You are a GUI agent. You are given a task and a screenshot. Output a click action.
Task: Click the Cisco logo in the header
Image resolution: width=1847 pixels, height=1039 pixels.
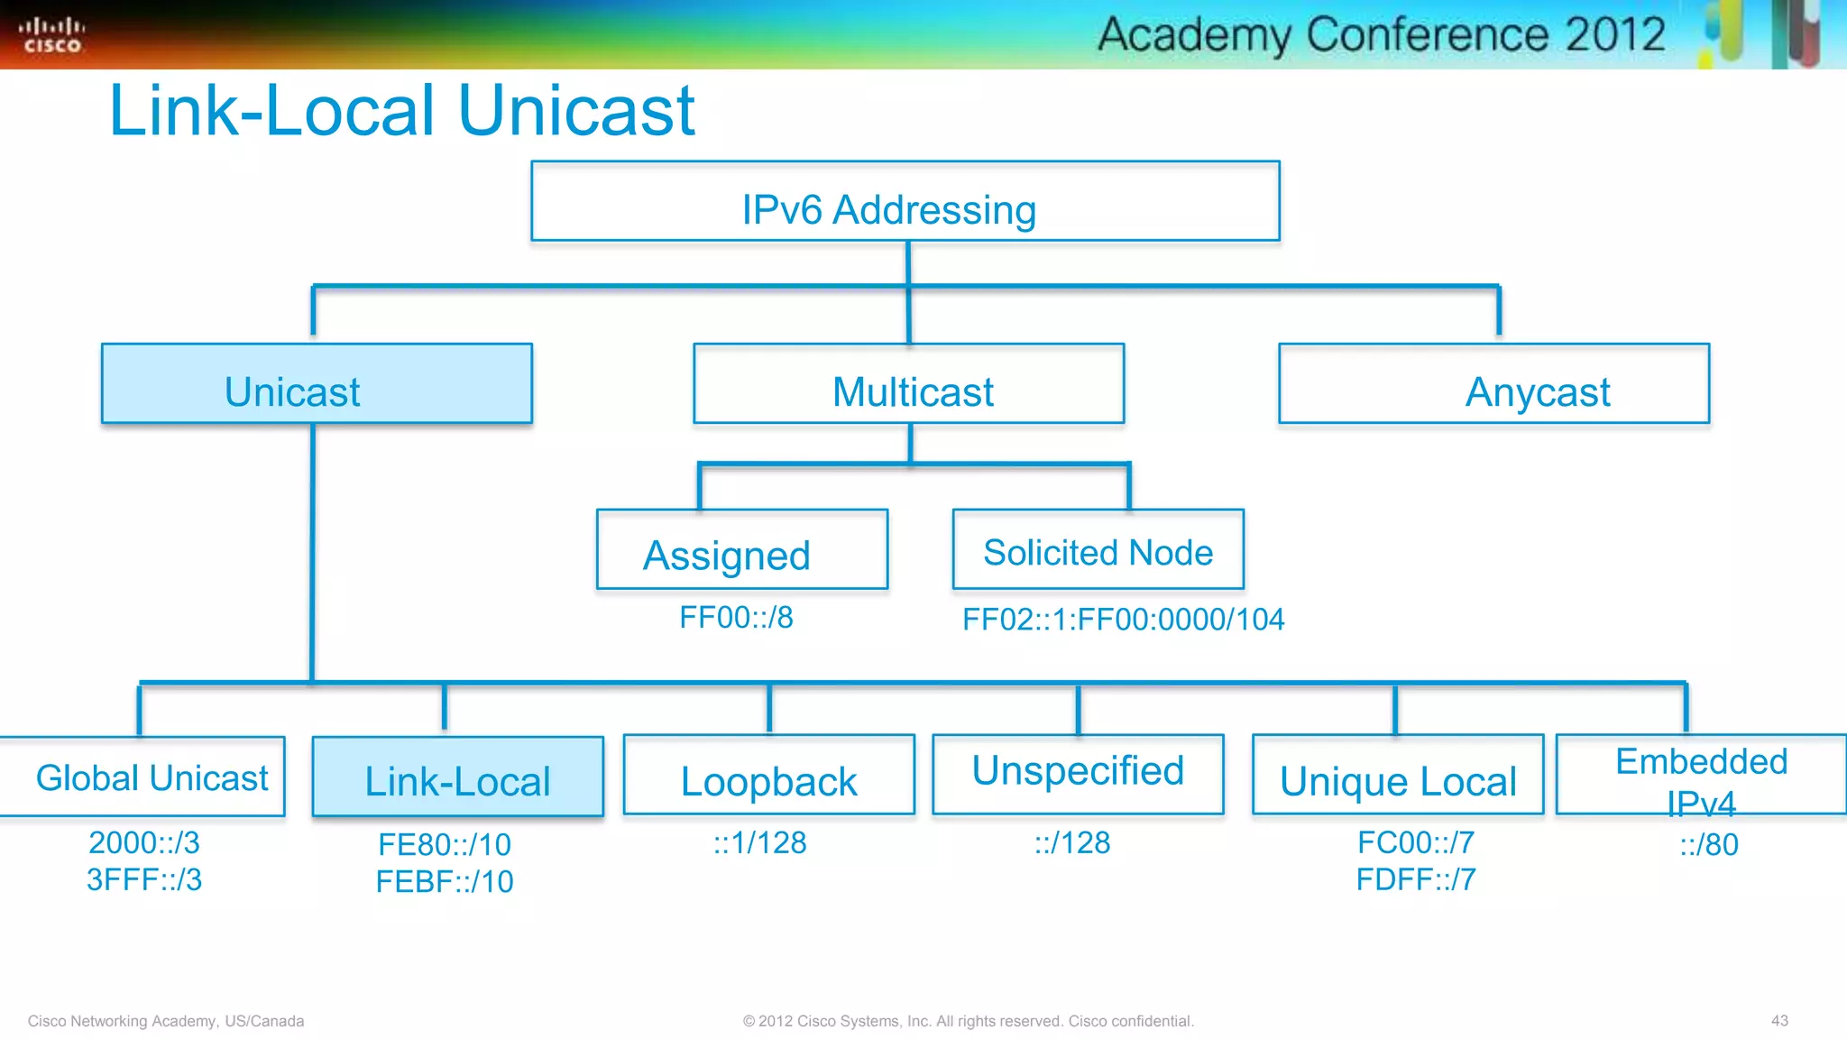(51, 35)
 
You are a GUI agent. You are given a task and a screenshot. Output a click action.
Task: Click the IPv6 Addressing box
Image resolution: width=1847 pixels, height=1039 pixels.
(905, 201)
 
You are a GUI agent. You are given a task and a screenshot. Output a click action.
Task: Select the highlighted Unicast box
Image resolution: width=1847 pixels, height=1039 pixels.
(317, 384)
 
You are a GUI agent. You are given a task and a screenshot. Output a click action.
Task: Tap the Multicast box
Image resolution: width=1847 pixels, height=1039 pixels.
(908, 384)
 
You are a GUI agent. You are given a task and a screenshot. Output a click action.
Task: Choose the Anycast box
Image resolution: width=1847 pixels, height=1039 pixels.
(1493, 384)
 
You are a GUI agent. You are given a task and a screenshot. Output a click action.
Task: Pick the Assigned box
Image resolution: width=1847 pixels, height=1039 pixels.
(741, 550)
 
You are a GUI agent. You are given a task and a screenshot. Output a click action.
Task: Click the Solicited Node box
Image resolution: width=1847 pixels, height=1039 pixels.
(1098, 550)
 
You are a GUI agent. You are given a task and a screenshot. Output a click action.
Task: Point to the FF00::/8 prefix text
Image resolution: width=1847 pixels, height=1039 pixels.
(736, 618)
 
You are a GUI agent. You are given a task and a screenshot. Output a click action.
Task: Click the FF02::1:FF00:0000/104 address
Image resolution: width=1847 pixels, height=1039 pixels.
(1123, 620)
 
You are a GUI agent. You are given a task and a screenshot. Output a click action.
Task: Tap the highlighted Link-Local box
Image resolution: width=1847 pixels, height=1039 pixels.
(457, 777)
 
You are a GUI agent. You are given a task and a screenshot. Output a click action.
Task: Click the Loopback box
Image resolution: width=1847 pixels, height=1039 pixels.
(768, 776)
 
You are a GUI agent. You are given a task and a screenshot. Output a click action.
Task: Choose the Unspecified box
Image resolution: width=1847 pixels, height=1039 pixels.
(1078, 774)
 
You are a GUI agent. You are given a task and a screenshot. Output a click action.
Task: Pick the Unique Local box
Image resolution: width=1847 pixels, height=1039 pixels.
(1397, 776)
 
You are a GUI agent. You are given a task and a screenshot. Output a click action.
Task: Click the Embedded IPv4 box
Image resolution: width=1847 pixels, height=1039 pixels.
(1701, 776)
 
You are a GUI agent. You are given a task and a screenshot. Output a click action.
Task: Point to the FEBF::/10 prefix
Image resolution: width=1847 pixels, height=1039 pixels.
(445, 881)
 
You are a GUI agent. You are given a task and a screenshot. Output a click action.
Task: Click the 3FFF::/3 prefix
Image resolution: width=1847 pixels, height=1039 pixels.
(144, 879)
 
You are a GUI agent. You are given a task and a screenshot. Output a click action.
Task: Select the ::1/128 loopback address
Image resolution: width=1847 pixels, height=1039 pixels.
(759, 842)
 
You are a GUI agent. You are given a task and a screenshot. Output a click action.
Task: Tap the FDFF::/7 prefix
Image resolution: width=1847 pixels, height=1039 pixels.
(1416, 879)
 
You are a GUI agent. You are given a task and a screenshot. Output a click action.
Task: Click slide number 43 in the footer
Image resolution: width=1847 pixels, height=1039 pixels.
(1778, 1021)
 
